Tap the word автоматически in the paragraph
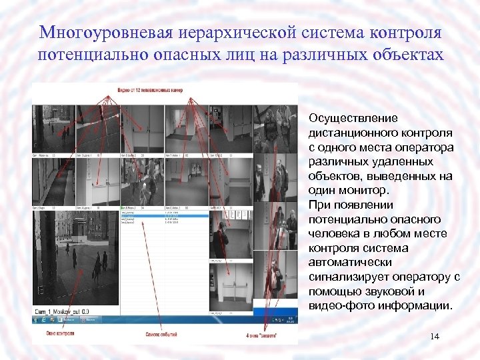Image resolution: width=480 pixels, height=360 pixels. click(350, 263)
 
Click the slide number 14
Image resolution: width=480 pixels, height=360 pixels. click(435, 337)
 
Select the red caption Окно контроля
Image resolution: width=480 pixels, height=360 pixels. click(60, 333)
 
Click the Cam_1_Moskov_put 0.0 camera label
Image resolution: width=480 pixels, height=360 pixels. click(63, 311)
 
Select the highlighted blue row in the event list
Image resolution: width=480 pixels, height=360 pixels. click(164, 215)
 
